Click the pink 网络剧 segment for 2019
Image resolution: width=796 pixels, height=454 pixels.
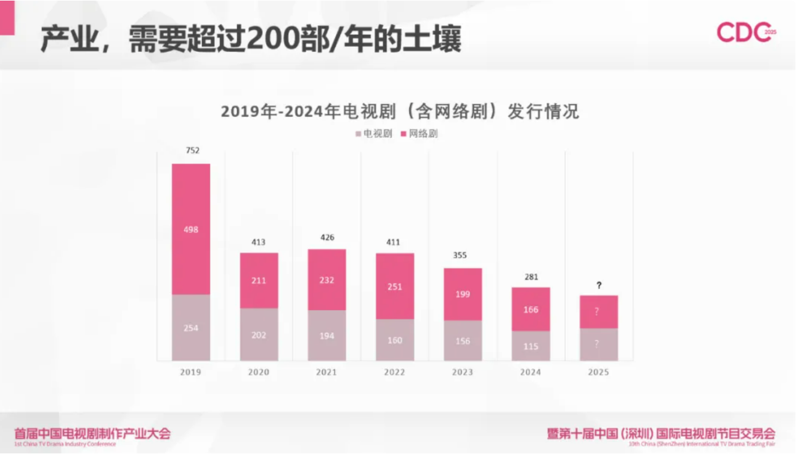(x=191, y=229)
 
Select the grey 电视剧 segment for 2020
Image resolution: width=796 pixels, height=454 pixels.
(x=259, y=334)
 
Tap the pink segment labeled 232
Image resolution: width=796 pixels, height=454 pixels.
(x=327, y=280)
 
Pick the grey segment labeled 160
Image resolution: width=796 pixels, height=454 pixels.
(x=395, y=340)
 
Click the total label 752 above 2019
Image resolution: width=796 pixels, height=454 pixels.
(x=192, y=150)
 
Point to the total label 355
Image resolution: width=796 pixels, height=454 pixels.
(x=463, y=255)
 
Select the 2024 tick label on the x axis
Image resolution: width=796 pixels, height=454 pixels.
(x=530, y=372)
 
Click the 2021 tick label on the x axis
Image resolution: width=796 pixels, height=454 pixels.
(x=327, y=372)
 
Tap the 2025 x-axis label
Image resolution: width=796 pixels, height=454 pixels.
(x=598, y=372)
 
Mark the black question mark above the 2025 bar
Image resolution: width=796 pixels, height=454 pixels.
(x=599, y=285)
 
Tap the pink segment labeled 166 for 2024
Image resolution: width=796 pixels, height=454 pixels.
(x=530, y=309)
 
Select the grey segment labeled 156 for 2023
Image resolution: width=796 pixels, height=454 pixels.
(x=463, y=340)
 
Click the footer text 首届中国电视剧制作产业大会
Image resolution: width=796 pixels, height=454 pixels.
(x=92, y=433)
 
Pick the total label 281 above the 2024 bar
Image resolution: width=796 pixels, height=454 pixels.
(x=531, y=277)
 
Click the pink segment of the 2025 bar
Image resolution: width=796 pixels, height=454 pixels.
(x=599, y=312)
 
